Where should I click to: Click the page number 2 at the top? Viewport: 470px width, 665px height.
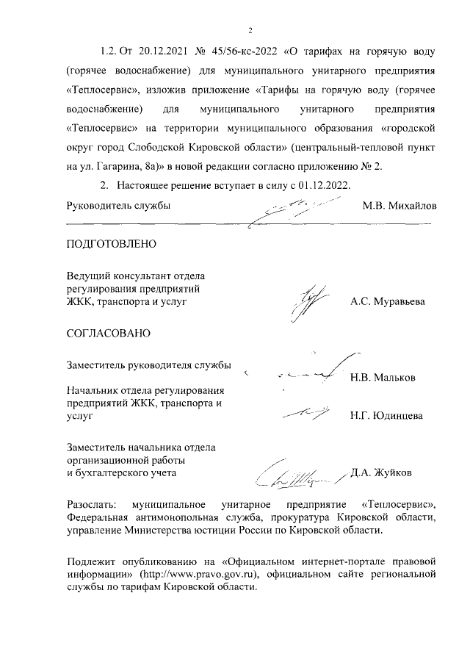tap(250, 31)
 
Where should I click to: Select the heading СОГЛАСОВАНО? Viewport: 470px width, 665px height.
tap(109, 333)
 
